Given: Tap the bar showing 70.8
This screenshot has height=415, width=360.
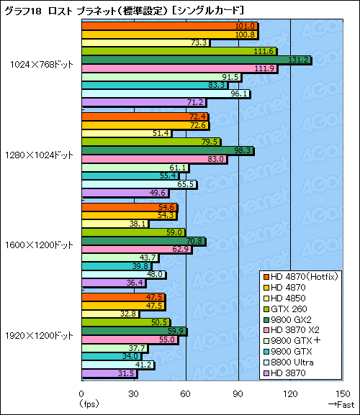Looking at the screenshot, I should [143, 241].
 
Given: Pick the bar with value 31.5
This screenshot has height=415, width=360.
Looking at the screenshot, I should [109, 373].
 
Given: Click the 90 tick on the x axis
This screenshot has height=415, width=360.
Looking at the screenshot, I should [238, 393].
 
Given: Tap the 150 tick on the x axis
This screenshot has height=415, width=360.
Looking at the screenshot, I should [342, 393].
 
